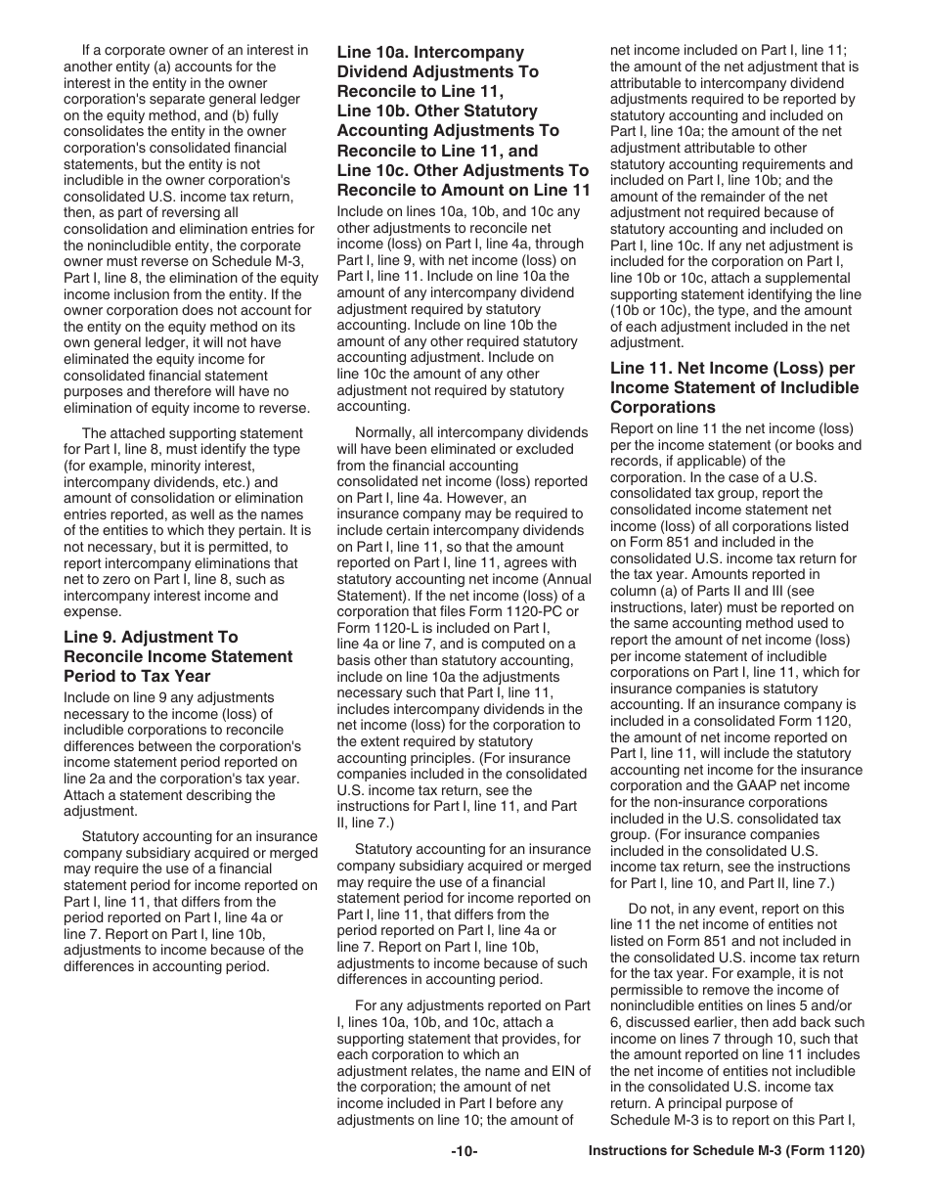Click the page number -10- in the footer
[464, 1180]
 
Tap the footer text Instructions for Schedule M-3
[727, 1180]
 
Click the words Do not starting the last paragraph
[648, 909]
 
